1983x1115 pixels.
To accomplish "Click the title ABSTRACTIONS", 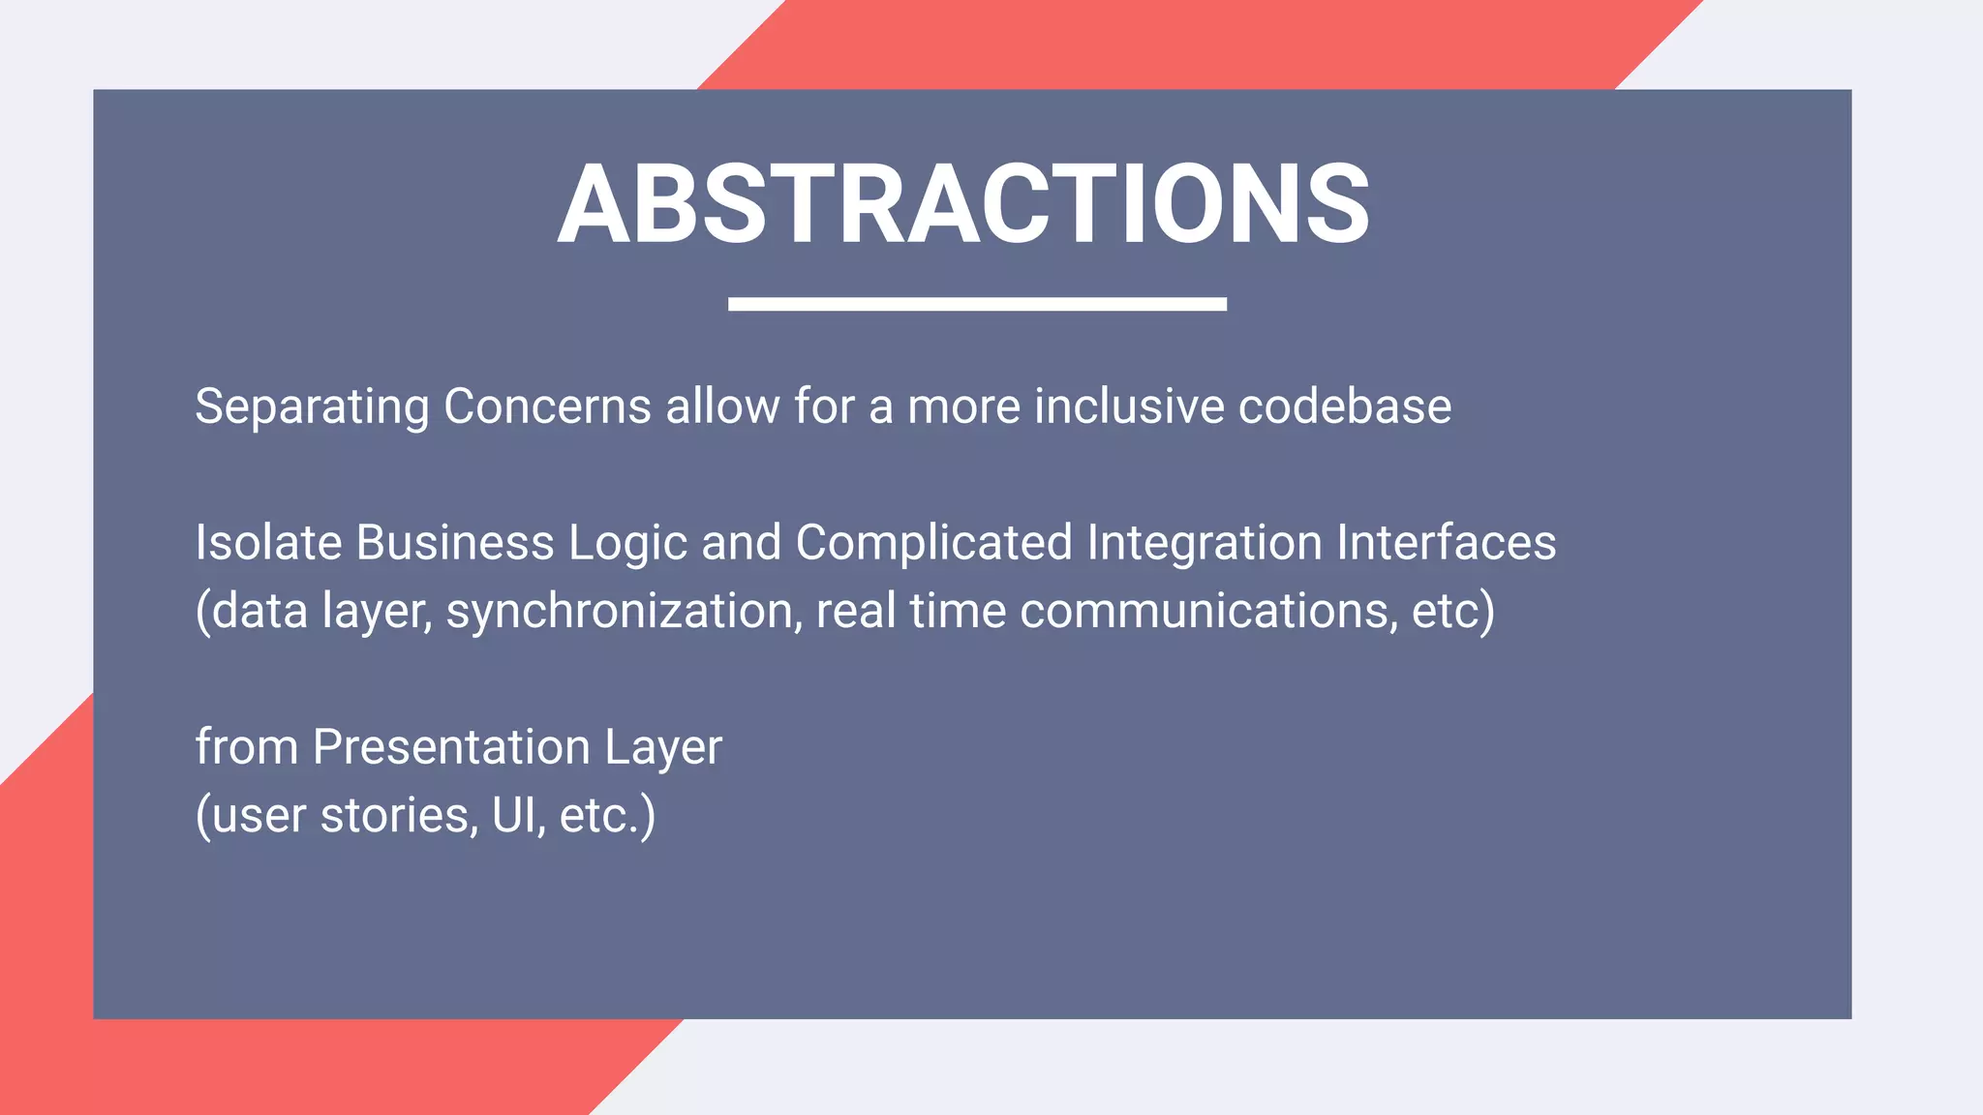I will [963, 203].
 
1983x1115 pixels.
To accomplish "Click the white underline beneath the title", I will [977, 304].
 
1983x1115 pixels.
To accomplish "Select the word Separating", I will [312, 407].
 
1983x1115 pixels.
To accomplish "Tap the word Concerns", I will [547, 407].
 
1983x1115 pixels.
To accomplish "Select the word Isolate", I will [268, 542].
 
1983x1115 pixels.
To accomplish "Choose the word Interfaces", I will [1446, 542].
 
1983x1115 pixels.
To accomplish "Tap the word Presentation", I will [451, 747].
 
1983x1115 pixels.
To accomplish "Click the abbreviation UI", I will [512, 815].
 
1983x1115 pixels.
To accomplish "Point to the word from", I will [247, 747].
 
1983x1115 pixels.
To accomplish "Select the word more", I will [963, 407].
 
